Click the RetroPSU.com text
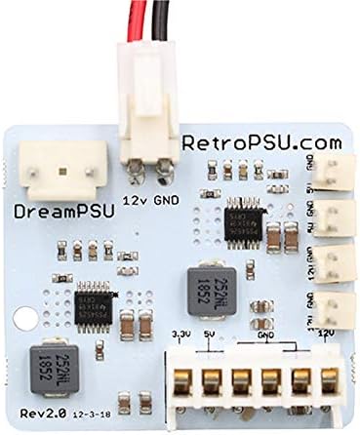point(262,142)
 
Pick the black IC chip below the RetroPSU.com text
point(240,218)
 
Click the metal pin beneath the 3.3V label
point(181,381)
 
